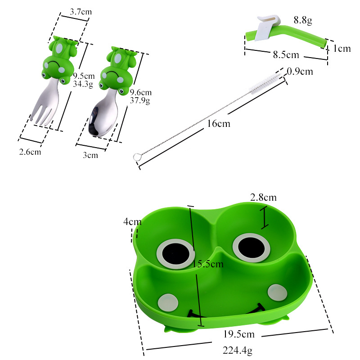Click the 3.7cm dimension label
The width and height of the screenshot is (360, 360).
coord(81,12)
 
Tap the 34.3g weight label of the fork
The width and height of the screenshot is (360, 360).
coord(83,84)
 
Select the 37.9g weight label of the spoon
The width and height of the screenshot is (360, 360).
coord(140,100)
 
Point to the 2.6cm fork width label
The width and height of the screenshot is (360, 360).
coord(30,152)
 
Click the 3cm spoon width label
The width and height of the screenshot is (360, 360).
coord(90,155)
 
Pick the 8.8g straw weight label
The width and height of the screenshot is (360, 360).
coord(303,20)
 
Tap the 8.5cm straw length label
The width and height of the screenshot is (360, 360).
coord(286,54)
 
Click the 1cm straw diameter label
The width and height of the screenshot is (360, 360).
coord(342,49)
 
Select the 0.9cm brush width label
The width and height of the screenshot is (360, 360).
coord(300,72)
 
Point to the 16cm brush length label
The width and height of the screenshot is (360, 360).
coord(219,123)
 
